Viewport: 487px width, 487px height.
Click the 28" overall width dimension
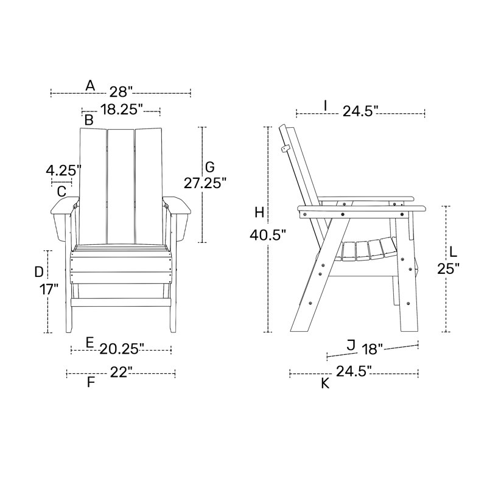click(121, 92)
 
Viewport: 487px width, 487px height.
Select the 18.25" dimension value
click(121, 110)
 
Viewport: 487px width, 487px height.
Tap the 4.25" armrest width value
click(63, 170)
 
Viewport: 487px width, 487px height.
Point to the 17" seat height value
click(49, 290)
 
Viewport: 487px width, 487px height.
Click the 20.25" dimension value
click(122, 349)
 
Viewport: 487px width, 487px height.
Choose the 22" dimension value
click(121, 372)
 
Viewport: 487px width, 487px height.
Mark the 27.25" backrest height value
click(205, 183)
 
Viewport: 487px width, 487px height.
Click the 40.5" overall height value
click(268, 235)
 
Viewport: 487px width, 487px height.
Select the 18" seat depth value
click(372, 349)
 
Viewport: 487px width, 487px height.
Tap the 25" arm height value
click(448, 268)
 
